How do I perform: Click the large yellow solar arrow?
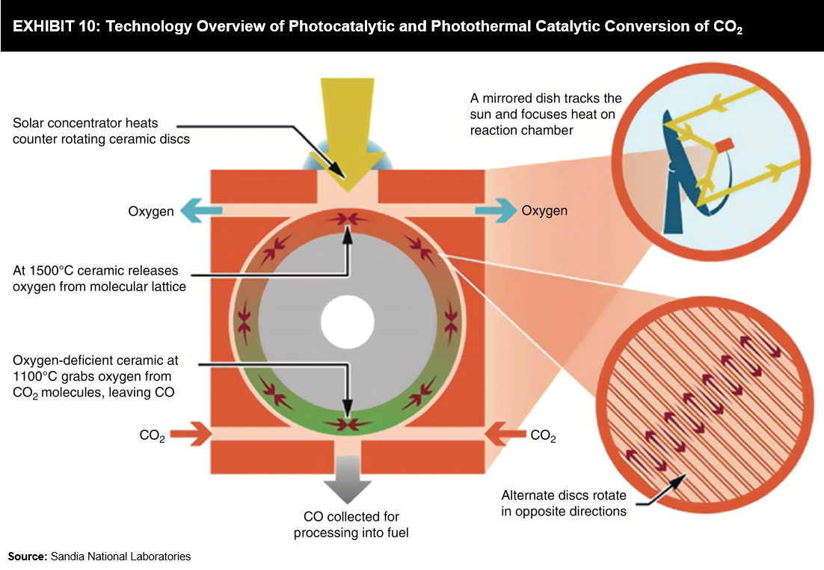(348, 132)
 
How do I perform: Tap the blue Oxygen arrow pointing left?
(200, 210)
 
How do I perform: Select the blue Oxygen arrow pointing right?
(496, 210)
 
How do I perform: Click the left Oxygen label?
(151, 212)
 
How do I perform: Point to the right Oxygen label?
(544, 211)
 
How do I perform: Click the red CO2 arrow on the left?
(190, 434)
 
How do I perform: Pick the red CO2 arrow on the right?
(505, 434)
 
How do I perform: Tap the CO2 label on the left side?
(152, 436)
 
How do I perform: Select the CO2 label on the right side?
(544, 436)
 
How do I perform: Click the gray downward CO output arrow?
(348, 479)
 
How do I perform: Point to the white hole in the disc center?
(348, 322)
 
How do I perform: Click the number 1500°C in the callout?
(51, 271)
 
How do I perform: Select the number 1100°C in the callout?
(34, 376)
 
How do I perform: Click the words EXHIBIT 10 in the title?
(55, 26)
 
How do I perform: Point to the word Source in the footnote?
(28, 557)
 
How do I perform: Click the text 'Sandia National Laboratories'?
(121, 557)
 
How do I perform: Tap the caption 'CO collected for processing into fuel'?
(351, 525)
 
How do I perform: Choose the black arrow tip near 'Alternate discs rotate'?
(685, 475)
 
